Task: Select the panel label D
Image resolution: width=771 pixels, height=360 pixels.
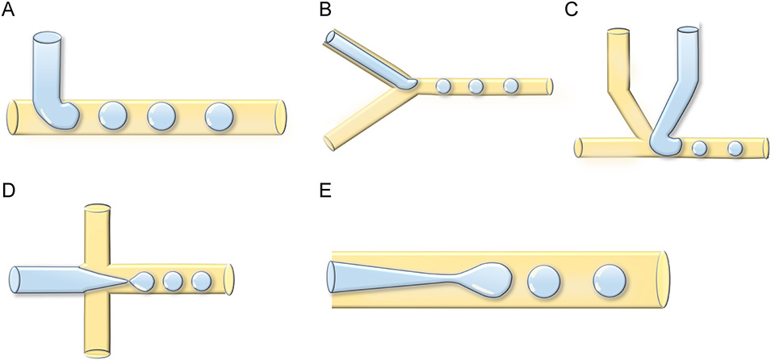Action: pos(9,192)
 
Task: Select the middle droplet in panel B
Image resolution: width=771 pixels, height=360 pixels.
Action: pos(476,86)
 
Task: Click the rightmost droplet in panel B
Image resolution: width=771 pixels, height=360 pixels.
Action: pos(510,86)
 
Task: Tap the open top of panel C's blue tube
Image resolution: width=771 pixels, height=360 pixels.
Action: pos(688,31)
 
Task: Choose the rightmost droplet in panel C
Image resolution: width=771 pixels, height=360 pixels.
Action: pos(735,149)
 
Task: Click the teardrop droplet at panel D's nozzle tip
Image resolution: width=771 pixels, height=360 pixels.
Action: pos(144,281)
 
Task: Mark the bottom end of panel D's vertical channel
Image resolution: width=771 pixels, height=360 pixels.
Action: pos(96,351)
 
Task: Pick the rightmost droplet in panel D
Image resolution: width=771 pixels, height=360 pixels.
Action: pos(200,281)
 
